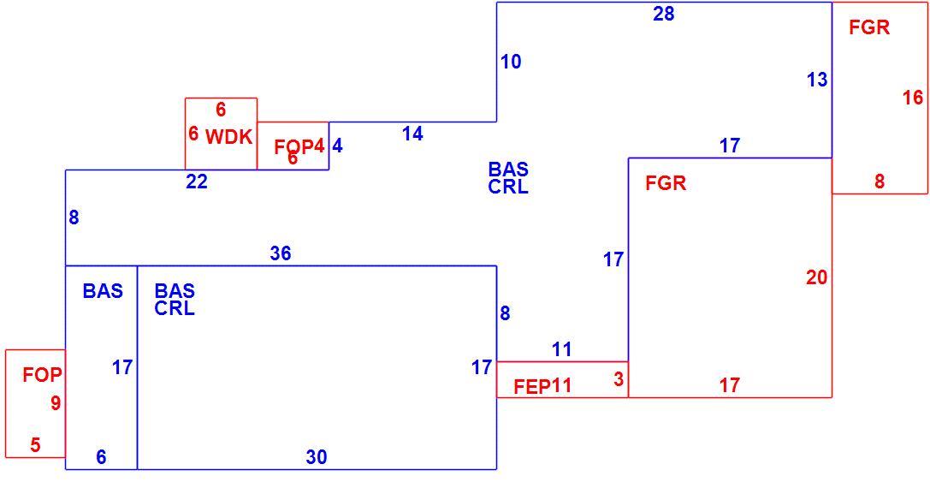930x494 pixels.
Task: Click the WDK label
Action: click(x=229, y=137)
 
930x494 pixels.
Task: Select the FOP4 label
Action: click(x=299, y=146)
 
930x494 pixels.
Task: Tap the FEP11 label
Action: click(x=542, y=386)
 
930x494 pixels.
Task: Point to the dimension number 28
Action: click(x=664, y=14)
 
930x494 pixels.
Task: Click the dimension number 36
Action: click(x=281, y=253)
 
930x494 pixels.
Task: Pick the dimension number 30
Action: click(x=317, y=457)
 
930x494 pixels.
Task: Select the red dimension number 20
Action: click(x=817, y=277)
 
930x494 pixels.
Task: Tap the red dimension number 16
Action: click(x=913, y=98)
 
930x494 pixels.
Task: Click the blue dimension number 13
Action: click(x=817, y=80)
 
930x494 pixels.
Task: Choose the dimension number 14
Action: click(x=412, y=134)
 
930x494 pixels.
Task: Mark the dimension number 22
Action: click(x=197, y=182)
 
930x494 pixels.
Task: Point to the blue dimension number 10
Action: click(x=511, y=62)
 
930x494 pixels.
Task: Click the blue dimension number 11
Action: click(x=561, y=349)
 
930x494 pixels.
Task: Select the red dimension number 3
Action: click(x=619, y=378)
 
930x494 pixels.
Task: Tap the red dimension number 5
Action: click(x=36, y=444)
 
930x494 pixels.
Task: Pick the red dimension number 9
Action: click(x=56, y=403)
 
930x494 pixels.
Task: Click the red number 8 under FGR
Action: click(x=879, y=182)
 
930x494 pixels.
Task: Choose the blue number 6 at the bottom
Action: click(x=102, y=457)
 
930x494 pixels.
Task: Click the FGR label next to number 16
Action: click(x=869, y=27)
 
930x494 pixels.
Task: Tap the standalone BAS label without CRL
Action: click(x=104, y=291)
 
